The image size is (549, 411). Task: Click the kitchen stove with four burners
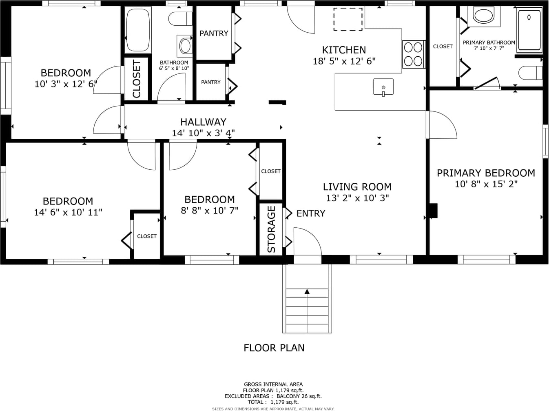[x=414, y=54]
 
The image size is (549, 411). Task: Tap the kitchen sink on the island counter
[x=383, y=87]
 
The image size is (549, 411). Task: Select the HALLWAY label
[x=204, y=122]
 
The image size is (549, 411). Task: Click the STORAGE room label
[x=271, y=229]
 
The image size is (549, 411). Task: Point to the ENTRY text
[x=311, y=213]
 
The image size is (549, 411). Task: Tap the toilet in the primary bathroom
[x=531, y=73]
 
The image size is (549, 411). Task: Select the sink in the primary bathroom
[x=484, y=16]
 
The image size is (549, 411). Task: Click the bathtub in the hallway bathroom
[x=138, y=30]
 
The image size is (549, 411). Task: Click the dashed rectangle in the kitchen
[x=348, y=19]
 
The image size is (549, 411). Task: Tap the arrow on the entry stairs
[x=307, y=291]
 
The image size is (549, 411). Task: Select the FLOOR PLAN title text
[x=274, y=348]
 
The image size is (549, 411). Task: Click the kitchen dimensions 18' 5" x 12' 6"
[x=344, y=61]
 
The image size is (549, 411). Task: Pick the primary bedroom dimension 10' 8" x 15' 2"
[x=486, y=184]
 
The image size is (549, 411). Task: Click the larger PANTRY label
[x=214, y=33]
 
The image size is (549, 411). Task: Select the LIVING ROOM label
[x=357, y=187]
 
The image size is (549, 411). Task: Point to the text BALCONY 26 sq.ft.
[x=299, y=396]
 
